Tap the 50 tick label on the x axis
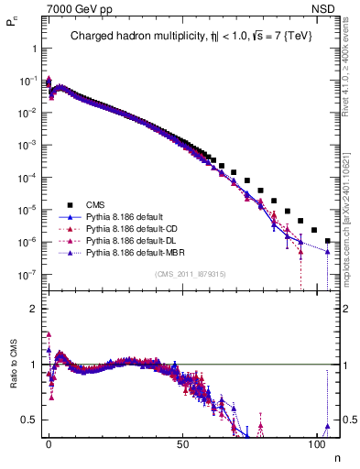[x=182, y=442]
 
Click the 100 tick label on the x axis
[x=317, y=442]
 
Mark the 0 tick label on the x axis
[x=49, y=442]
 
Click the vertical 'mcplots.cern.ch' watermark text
[x=350, y=211]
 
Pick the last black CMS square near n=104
[x=328, y=241]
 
